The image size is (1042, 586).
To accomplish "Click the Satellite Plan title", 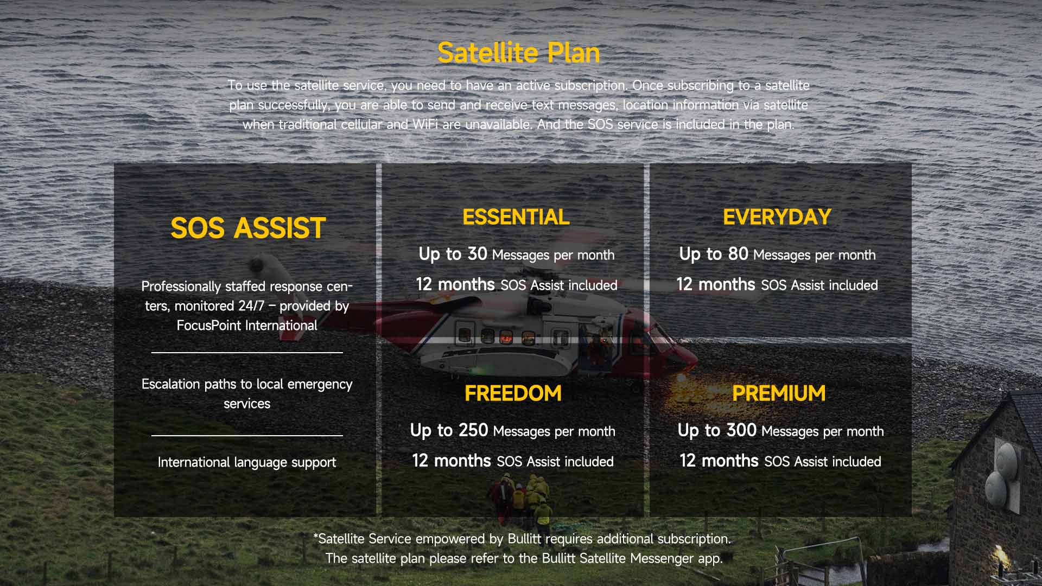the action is pyautogui.click(x=518, y=53).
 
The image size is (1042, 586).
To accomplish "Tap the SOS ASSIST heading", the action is pyautogui.click(x=247, y=228).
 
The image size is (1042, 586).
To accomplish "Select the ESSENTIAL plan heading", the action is pyautogui.click(x=516, y=217).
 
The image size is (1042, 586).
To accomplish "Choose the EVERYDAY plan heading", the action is pyautogui.click(x=777, y=217).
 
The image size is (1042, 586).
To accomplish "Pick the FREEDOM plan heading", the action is pyautogui.click(x=513, y=393).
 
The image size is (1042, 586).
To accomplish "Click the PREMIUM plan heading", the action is pyautogui.click(x=778, y=393).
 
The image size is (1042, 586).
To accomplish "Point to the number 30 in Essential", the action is pyautogui.click(x=477, y=254).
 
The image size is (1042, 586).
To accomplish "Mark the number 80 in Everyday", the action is pyautogui.click(x=738, y=254).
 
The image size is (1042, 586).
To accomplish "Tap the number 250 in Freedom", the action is pyautogui.click(x=473, y=430).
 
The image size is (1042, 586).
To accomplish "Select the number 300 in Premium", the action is pyautogui.click(x=741, y=430).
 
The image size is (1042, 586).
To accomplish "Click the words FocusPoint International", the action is pyautogui.click(x=247, y=326).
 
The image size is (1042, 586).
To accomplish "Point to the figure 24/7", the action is pyautogui.click(x=251, y=306).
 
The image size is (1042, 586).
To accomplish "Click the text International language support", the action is pyautogui.click(x=247, y=462).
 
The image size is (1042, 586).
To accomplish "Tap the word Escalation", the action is pyautogui.click(x=171, y=384).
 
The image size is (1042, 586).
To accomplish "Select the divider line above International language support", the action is pyautogui.click(x=247, y=435).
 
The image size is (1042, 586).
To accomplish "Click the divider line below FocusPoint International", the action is pyautogui.click(x=247, y=353).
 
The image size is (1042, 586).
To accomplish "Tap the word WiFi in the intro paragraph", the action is pyautogui.click(x=425, y=124).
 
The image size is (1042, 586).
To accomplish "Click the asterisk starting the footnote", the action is pyautogui.click(x=315, y=536).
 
